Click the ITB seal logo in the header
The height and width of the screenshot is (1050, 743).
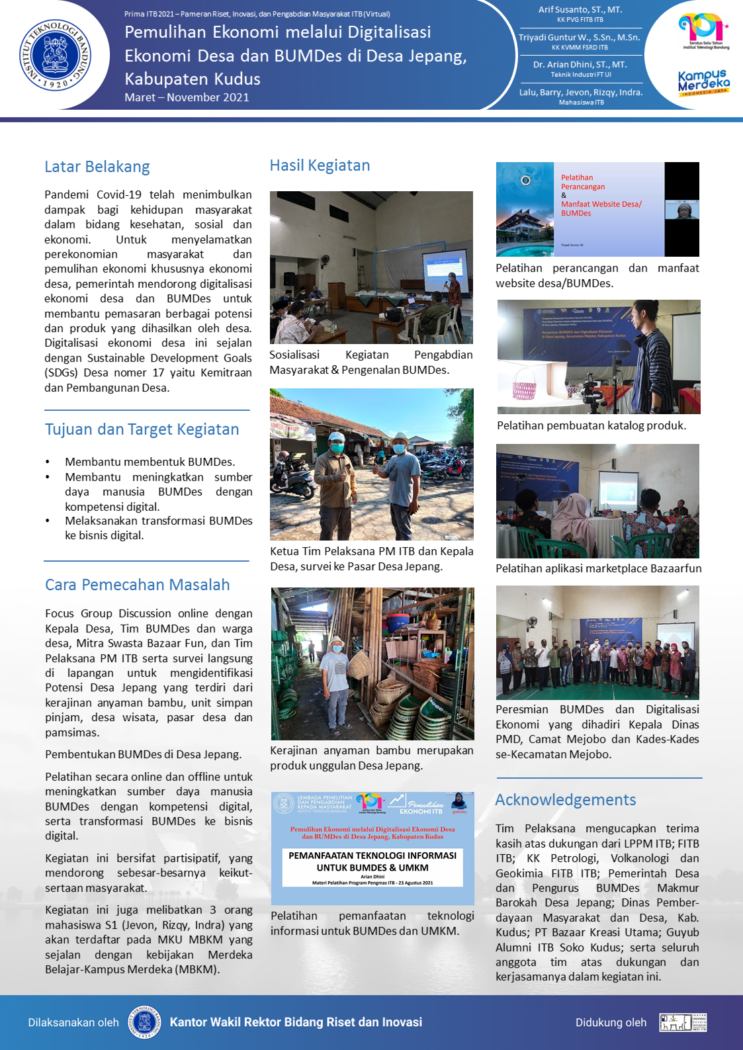tap(55, 55)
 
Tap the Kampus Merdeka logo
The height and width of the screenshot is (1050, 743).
tap(703, 83)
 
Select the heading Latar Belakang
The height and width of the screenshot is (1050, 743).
tap(97, 167)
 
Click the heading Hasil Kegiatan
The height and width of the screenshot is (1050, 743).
tap(320, 165)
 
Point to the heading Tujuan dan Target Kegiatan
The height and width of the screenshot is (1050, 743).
tap(142, 429)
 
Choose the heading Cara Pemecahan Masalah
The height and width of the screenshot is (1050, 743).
tap(137, 585)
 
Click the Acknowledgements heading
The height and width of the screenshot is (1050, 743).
tap(565, 800)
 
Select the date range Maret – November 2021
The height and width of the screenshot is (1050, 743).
tap(187, 97)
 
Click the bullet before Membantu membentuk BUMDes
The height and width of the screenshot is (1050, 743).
tap(48, 462)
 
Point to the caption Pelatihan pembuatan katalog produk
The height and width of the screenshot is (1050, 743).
tap(591, 425)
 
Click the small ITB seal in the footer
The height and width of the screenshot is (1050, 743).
tap(145, 1022)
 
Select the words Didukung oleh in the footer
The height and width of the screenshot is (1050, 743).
tap(610, 1022)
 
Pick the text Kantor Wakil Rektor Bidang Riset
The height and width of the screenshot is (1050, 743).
tap(295, 1022)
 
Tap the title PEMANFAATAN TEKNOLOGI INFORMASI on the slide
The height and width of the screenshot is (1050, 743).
tap(372, 855)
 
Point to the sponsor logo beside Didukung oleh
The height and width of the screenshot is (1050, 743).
tap(683, 1022)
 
